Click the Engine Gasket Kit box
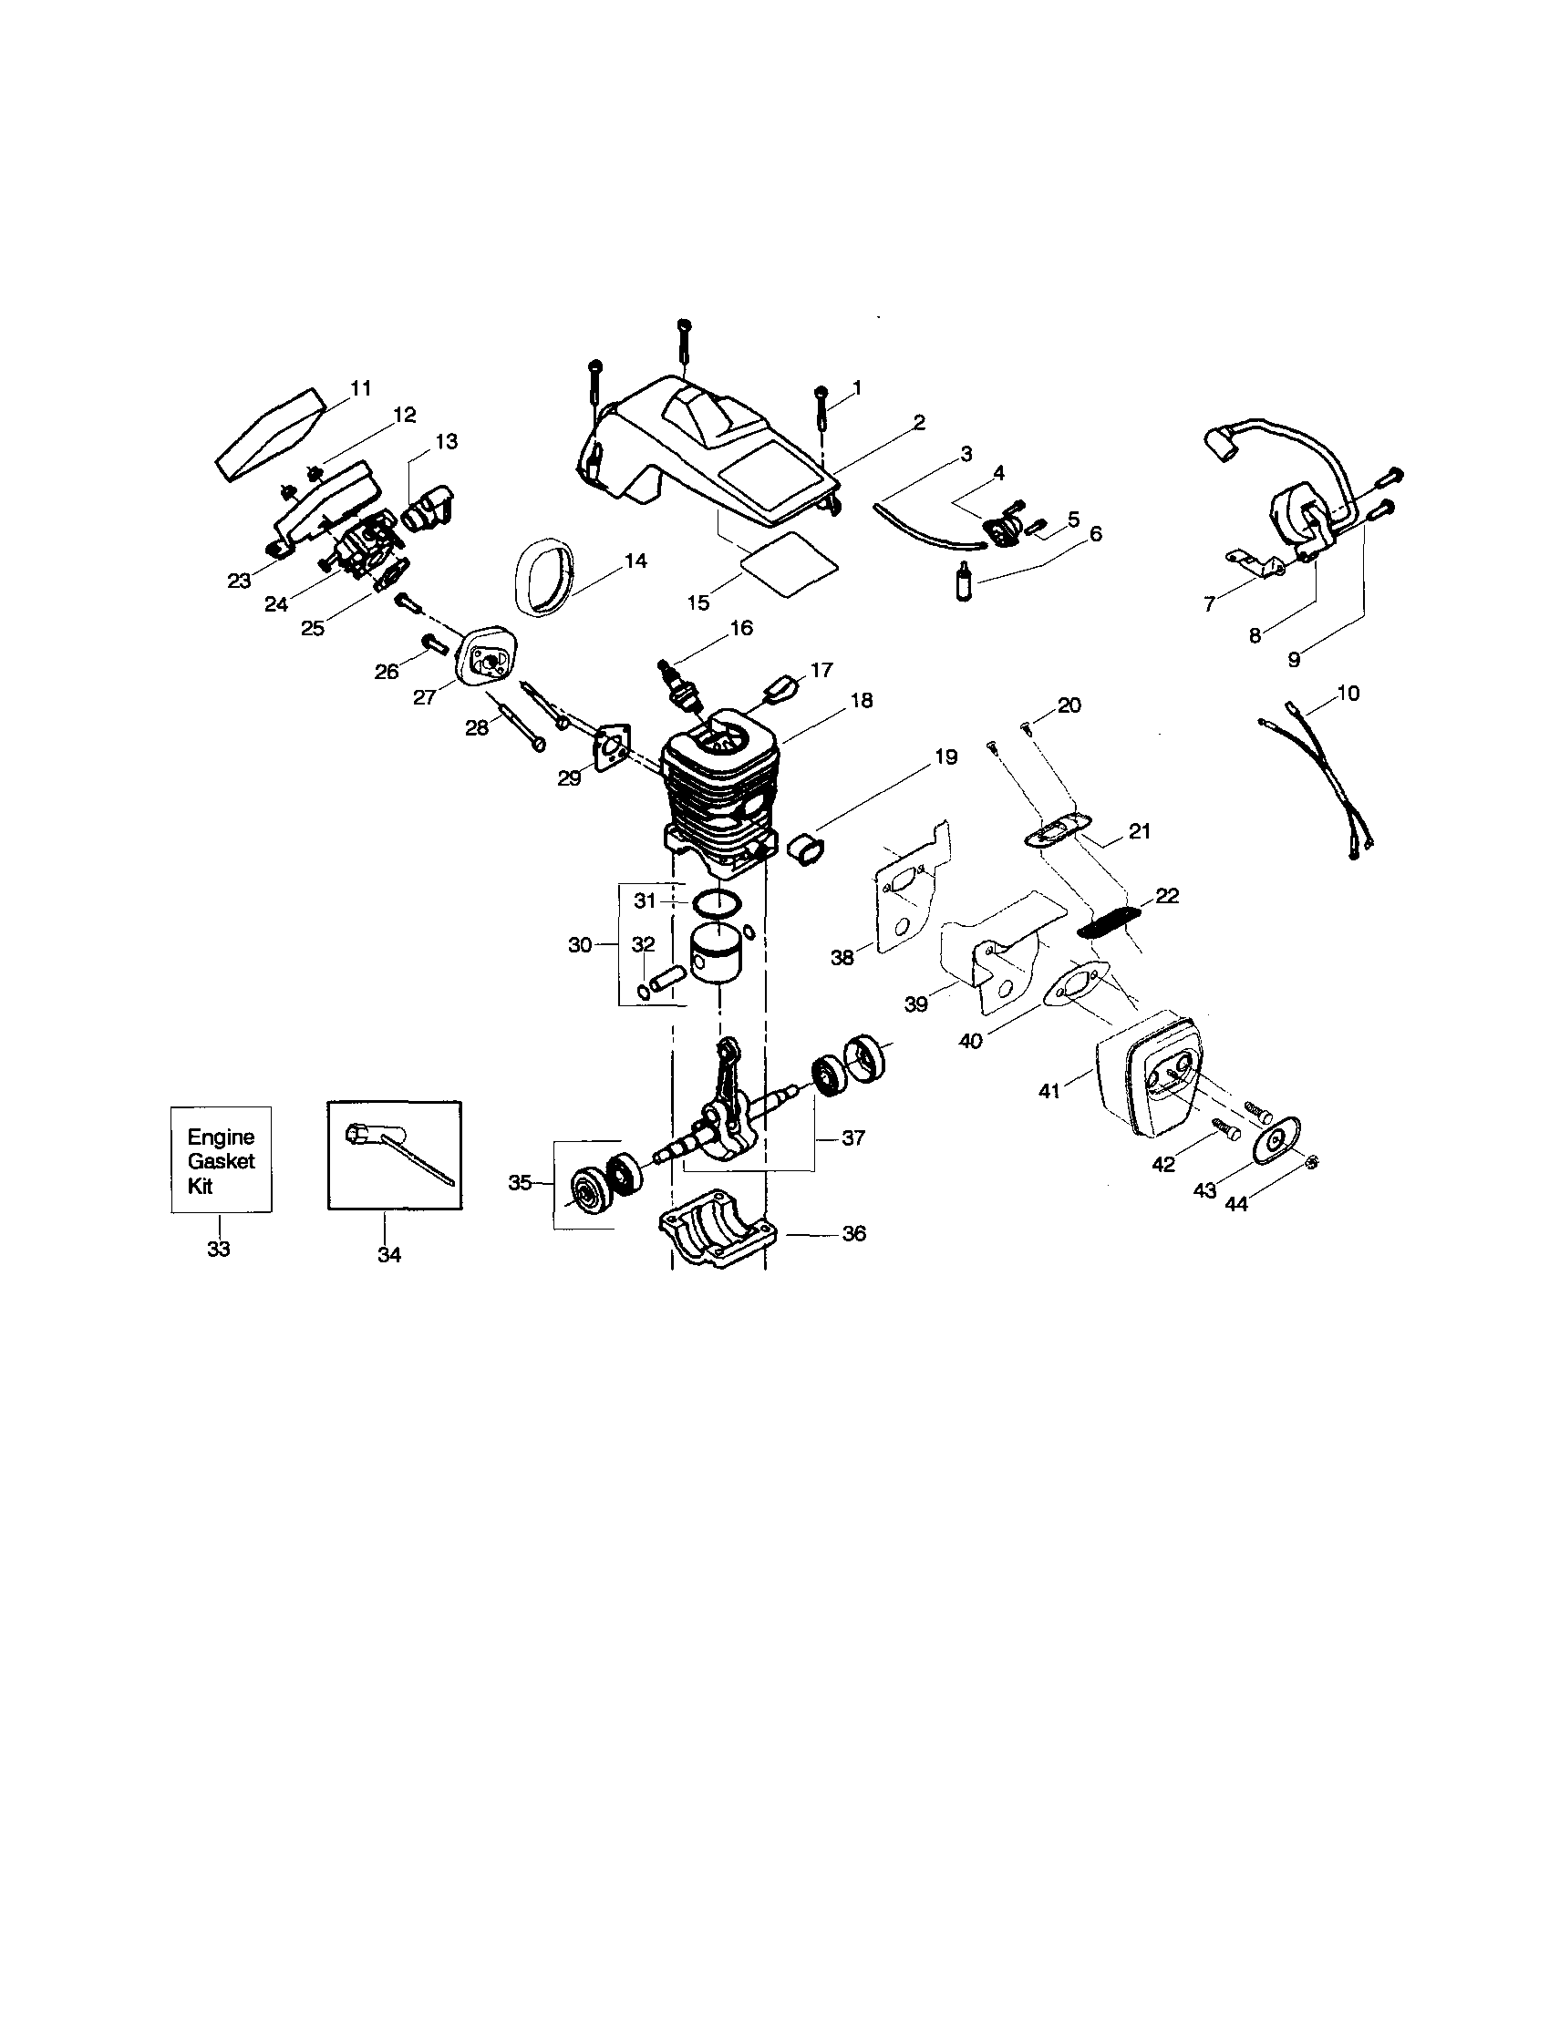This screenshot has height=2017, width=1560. click(x=221, y=1160)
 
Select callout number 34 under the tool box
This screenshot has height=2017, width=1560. click(x=388, y=1255)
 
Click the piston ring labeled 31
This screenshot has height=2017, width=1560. click(x=715, y=900)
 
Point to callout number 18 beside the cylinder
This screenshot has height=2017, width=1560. click(x=861, y=701)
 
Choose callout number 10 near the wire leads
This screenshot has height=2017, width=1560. click(x=1348, y=693)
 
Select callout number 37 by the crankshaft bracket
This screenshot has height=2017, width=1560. click(x=852, y=1137)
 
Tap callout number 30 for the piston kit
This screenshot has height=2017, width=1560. click(x=580, y=945)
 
